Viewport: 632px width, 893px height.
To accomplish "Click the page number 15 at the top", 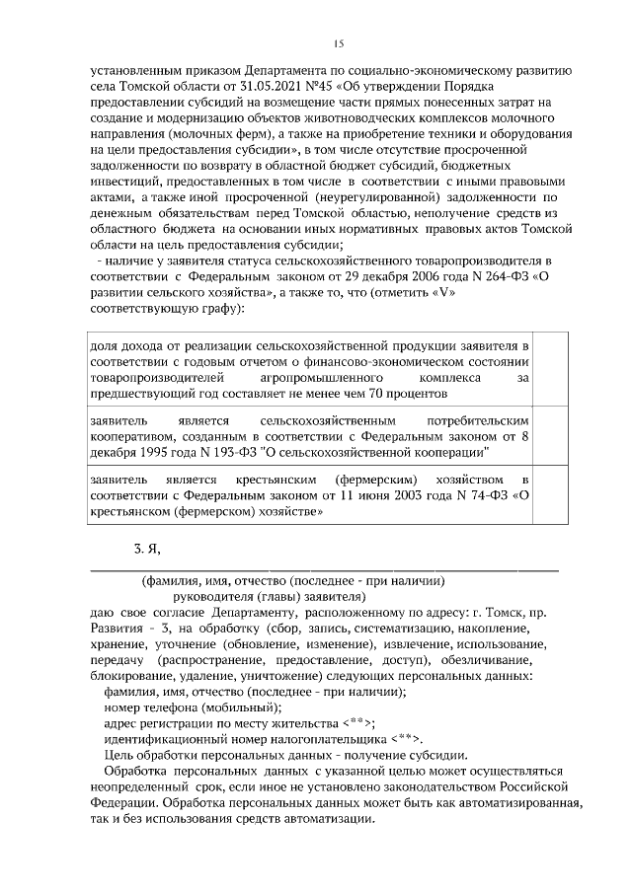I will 338,44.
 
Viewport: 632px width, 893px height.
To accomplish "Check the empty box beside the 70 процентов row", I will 551,368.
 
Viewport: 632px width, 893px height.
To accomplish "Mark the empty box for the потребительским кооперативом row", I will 551,433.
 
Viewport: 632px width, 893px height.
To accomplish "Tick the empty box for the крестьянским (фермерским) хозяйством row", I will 551,495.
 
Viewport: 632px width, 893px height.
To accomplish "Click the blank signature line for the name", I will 323,569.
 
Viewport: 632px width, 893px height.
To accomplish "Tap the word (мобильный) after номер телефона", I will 240,707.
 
